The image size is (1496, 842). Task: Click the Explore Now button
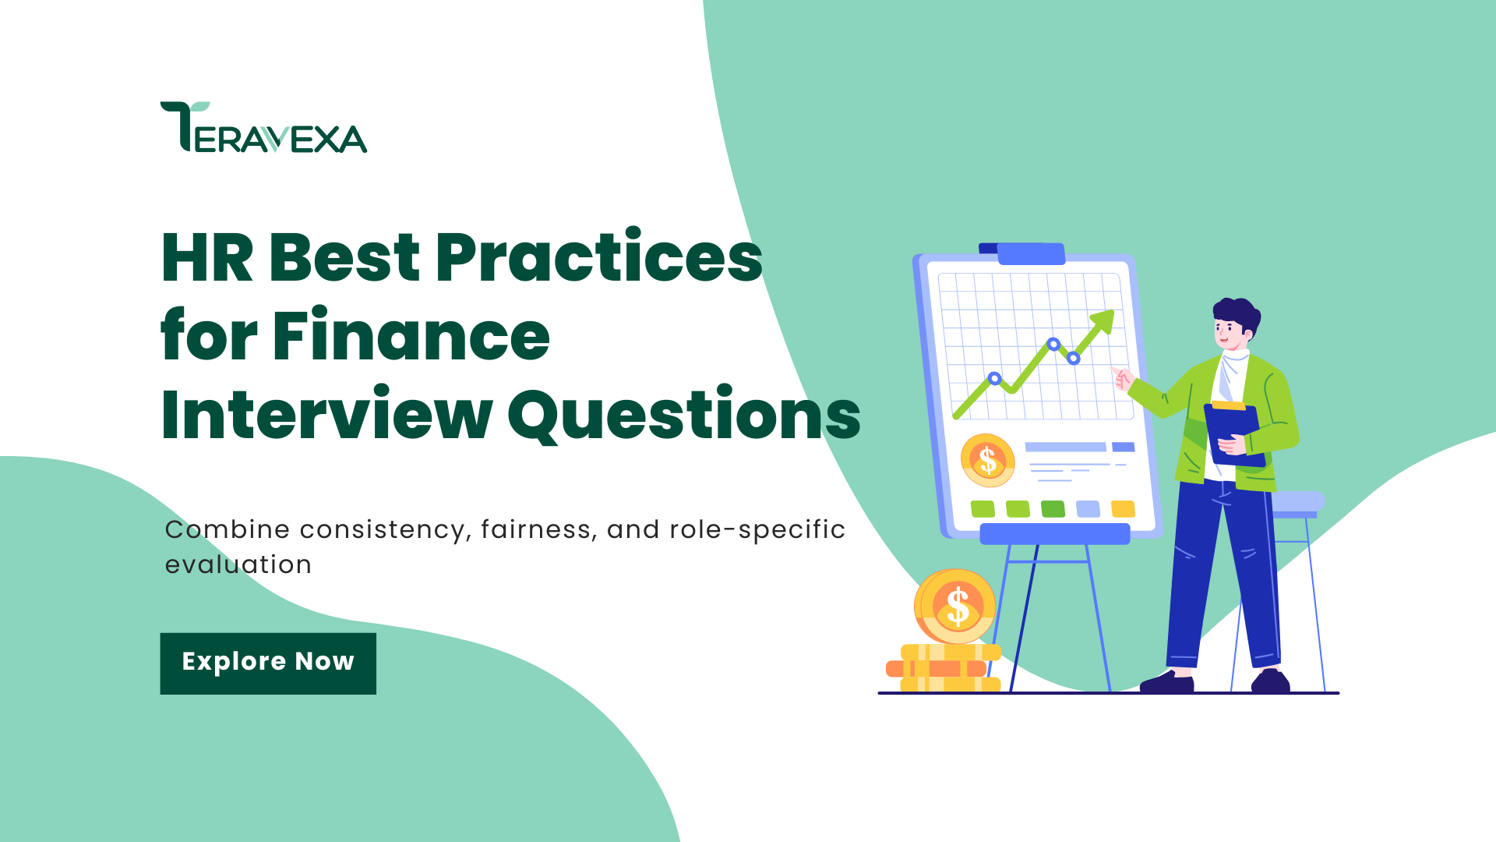point(268,663)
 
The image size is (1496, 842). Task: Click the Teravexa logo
point(263,127)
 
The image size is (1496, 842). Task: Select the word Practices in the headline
point(598,257)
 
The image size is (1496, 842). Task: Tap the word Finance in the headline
point(411,336)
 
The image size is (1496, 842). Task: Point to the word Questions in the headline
point(684,415)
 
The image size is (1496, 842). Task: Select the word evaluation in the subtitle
point(238,564)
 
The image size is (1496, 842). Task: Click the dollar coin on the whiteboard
point(987,460)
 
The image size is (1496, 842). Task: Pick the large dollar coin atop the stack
point(956,607)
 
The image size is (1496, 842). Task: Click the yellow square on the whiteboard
point(1123,509)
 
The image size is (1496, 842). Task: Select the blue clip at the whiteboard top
point(1030,253)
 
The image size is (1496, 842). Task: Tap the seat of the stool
point(1296,501)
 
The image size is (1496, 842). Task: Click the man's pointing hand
point(1122,378)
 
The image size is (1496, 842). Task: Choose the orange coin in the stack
point(936,669)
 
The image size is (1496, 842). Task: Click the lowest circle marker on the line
point(994,379)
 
